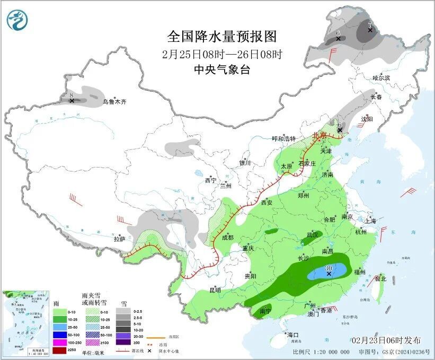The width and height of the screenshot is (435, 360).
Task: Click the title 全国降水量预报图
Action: [x=222, y=37]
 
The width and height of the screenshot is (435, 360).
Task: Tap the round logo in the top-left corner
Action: [x=17, y=20]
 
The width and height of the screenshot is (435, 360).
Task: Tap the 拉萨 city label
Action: [x=119, y=239]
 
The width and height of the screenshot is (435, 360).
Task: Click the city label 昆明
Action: [x=215, y=290]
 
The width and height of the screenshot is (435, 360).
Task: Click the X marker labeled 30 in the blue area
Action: [x=329, y=274]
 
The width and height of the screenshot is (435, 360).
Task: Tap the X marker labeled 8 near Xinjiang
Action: [x=72, y=100]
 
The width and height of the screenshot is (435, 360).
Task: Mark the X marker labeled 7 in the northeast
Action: [x=370, y=30]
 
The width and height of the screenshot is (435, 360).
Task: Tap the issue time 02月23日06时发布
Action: [x=386, y=340]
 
